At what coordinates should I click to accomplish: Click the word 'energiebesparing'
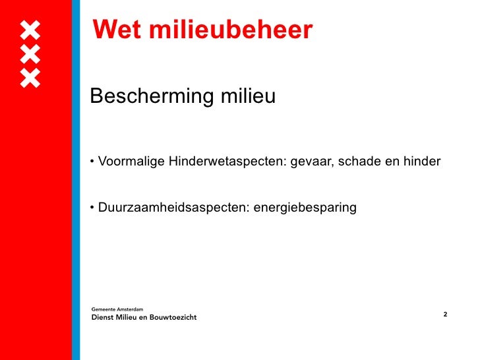tap(305, 208)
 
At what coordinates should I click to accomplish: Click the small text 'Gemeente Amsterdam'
tap(115, 308)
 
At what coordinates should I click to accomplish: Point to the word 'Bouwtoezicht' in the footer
tap(173, 317)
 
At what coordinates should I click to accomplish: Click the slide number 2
tap(445, 314)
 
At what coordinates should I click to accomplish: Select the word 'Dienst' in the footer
tap(102, 317)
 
